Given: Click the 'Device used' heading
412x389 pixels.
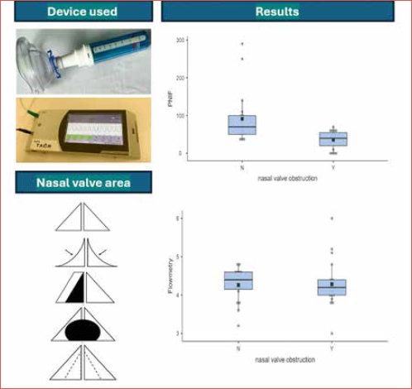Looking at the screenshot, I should point(81,12).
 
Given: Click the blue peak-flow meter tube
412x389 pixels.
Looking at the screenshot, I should point(116,45).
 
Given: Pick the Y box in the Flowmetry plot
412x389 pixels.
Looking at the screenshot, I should point(333,286).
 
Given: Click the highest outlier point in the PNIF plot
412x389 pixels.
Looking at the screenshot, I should point(242,44).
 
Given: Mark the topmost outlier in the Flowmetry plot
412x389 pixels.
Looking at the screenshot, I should point(333,219).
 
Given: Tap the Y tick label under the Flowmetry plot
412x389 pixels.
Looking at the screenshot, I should point(333,348).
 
